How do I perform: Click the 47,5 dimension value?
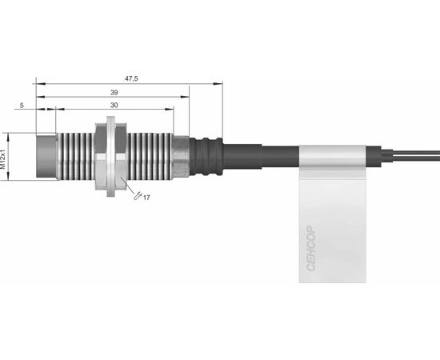[x=131, y=79]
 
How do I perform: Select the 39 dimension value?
[x=114, y=93]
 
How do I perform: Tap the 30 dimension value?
[x=114, y=106]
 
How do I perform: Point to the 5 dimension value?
[x=22, y=106]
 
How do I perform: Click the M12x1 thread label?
[x=3, y=159]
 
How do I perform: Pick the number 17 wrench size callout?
[x=146, y=198]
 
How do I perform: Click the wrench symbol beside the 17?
[x=138, y=195]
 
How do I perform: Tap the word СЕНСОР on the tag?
[x=311, y=248]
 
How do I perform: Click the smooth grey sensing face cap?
[x=46, y=156]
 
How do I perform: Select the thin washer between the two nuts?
[x=111, y=157]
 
